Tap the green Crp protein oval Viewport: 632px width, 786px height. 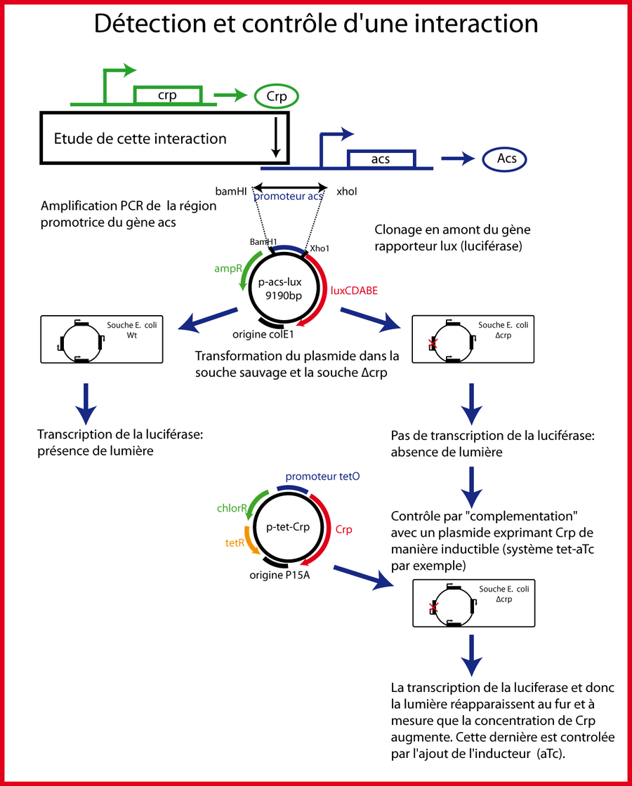277,97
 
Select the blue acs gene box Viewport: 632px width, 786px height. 381,159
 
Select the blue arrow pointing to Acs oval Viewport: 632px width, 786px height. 457,159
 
